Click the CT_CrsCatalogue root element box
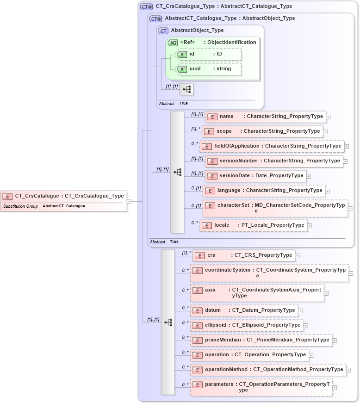pyautogui.click(x=63, y=196)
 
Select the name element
pyautogui.click(x=265, y=117)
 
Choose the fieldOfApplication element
pyautogui.click(x=272, y=146)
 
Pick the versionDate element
pyautogui.click(x=255, y=176)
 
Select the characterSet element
pyautogui.click(x=275, y=208)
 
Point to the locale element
pyautogui.click(x=253, y=225)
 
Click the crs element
pyautogui.click(x=243, y=255)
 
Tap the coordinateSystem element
pyautogui.click(x=269, y=273)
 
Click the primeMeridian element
pyautogui.click(x=261, y=340)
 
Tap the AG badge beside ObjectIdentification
pyautogui.click(x=173, y=43)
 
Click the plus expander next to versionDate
pyautogui.click(x=309, y=176)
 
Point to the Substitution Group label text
pyautogui.click(x=20, y=206)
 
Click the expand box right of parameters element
pyautogui.click(x=335, y=388)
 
